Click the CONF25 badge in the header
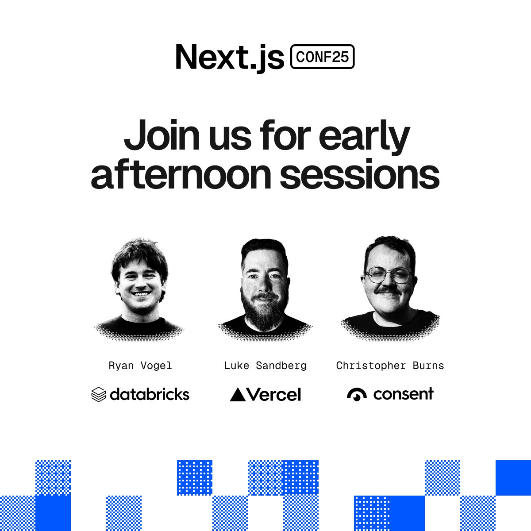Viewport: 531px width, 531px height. (x=322, y=57)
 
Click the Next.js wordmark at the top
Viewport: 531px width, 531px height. (x=229, y=57)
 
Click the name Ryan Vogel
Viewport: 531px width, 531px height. (x=140, y=366)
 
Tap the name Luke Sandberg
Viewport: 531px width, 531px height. (x=265, y=366)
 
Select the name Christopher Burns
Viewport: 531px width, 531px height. (x=390, y=366)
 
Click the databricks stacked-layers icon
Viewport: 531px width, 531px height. (x=98, y=394)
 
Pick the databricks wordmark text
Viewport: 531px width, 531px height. (x=150, y=394)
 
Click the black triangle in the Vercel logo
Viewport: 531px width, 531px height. (x=238, y=394)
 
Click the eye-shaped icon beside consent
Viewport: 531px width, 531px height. (x=357, y=394)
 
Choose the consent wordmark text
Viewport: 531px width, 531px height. (x=403, y=393)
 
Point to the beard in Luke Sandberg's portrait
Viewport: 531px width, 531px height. (x=265, y=312)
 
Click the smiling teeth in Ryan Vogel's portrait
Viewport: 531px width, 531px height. (x=140, y=293)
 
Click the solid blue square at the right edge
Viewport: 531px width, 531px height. (x=513, y=478)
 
